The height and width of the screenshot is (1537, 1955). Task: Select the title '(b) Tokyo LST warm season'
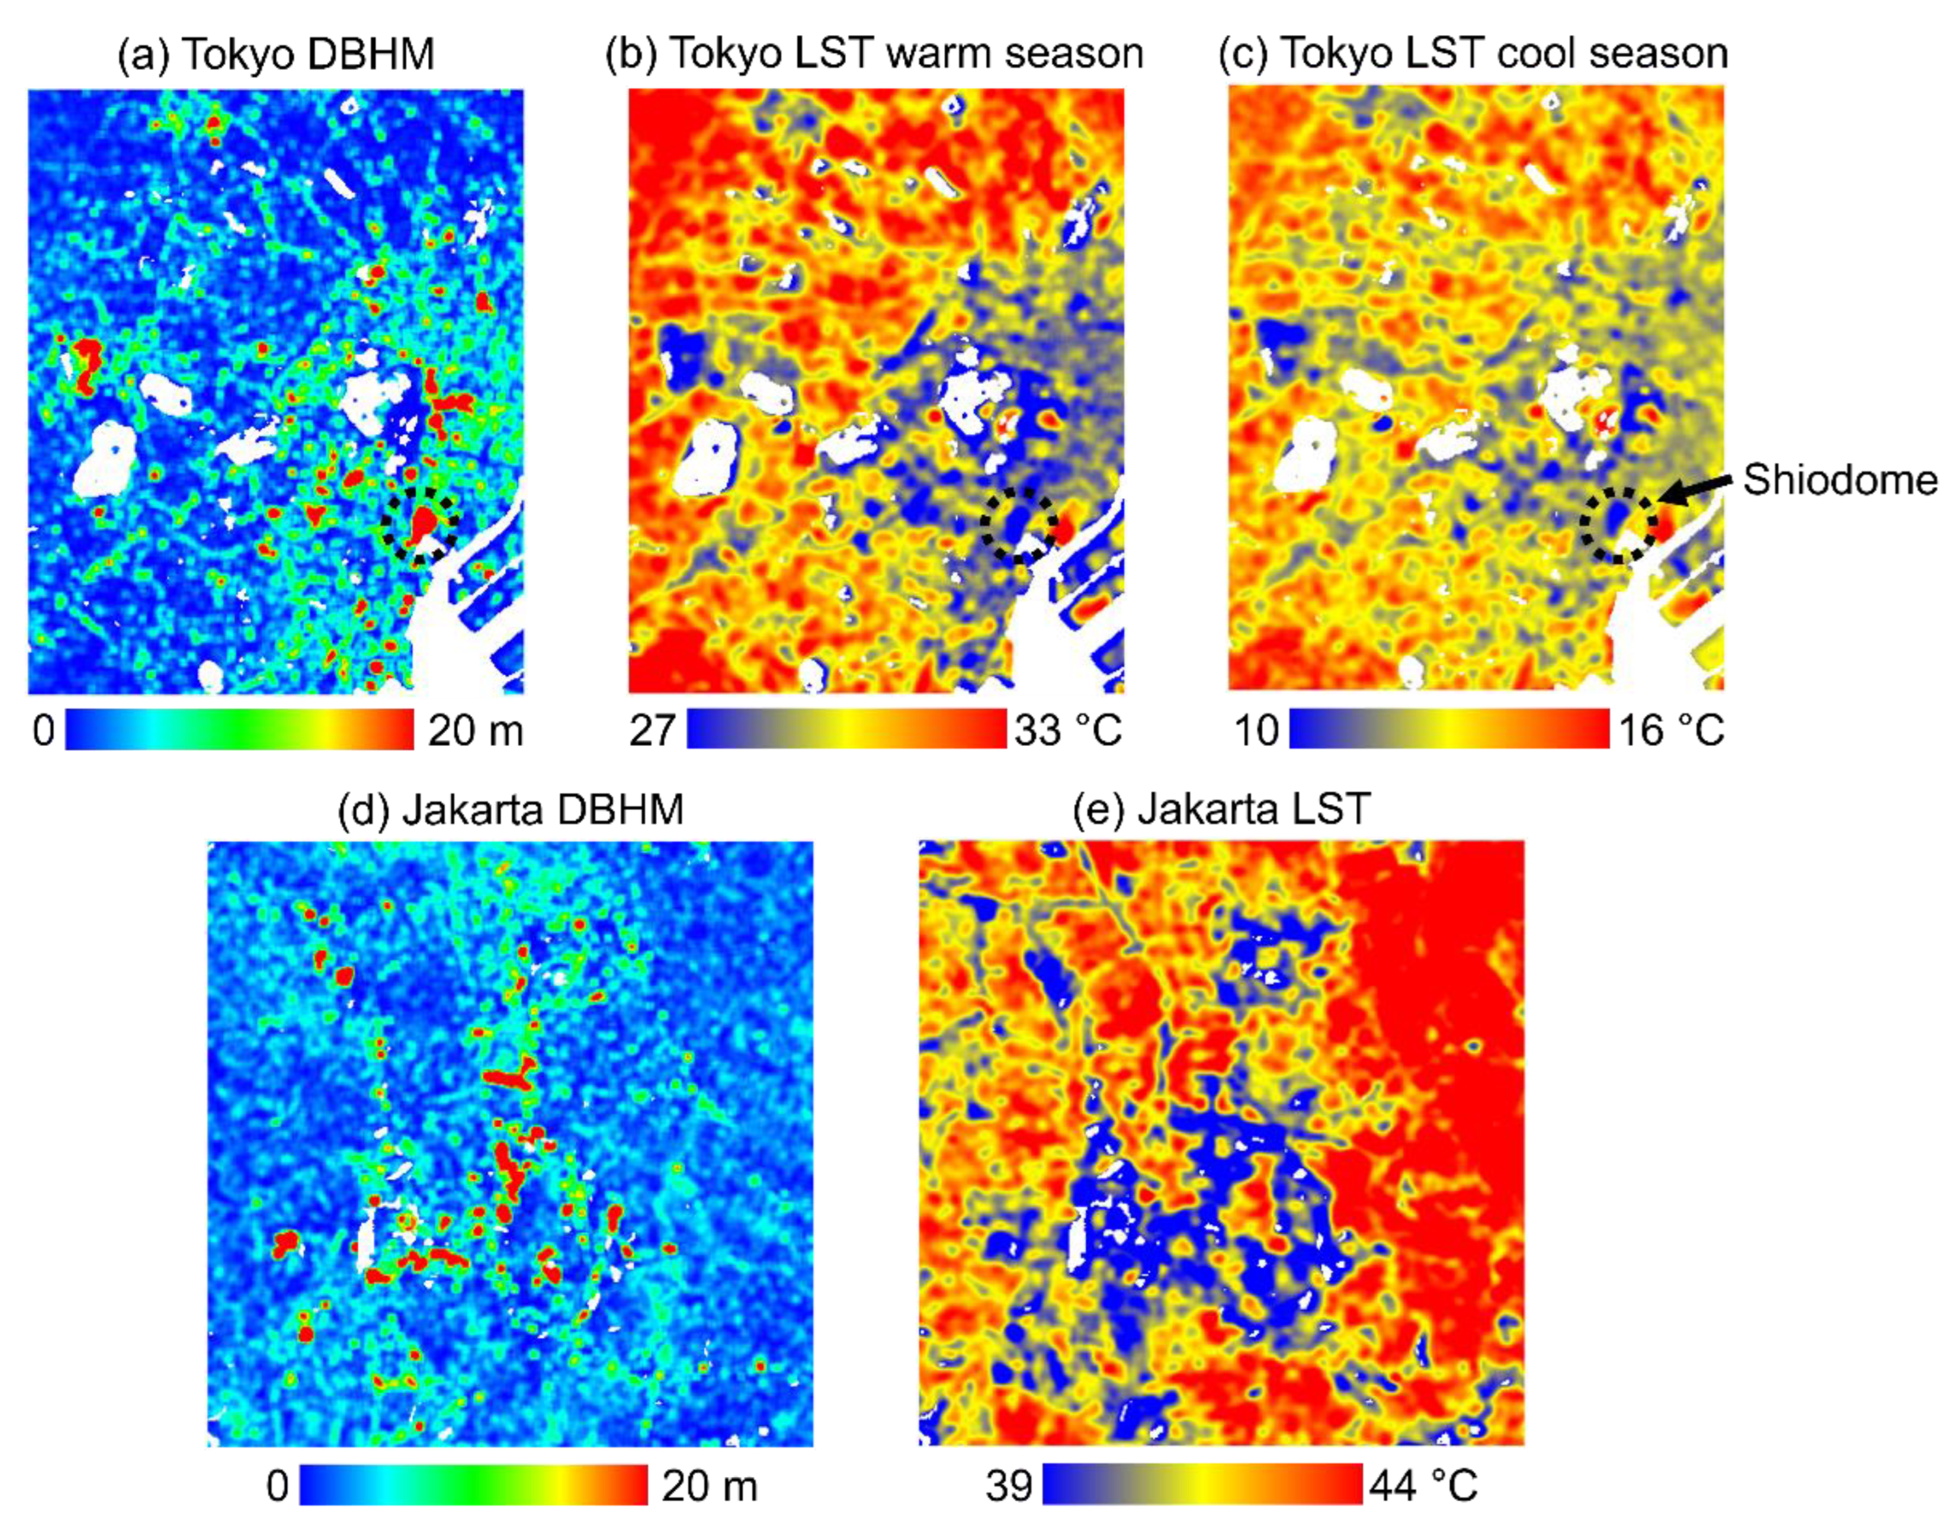[x=874, y=55]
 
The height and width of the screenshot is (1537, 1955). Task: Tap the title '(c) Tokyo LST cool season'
[x=1474, y=55]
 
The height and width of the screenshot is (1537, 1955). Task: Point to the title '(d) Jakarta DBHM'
[x=510, y=809]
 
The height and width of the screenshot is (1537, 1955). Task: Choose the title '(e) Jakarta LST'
[x=1221, y=809]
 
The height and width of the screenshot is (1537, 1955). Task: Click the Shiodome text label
[x=1840, y=481]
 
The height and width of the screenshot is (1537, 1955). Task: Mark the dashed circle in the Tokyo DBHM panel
[x=419, y=525]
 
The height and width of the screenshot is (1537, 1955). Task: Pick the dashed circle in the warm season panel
[x=1018, y=526]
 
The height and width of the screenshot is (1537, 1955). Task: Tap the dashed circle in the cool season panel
[x=1618, y=526]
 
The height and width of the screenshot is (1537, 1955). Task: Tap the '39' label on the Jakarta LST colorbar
[x=1008, y=1485]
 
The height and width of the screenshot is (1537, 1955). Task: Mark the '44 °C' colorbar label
[x=1424, y=1485]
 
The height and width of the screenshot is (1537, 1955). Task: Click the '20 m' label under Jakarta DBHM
[x=709, y=1485]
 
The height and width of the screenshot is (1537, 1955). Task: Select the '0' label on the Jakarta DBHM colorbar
[x=277, y=1485]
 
